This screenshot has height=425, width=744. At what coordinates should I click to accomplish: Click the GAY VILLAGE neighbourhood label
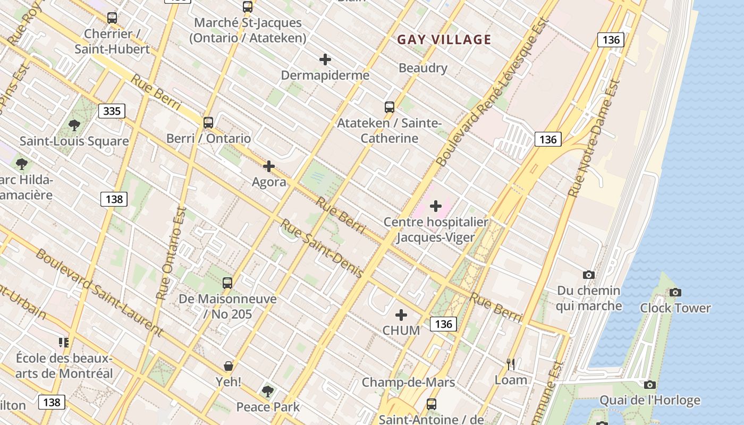pos(444,39)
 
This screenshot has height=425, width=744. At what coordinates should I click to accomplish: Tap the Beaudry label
pos(423,68)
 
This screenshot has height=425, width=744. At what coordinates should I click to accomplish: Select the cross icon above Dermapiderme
pos(325,59)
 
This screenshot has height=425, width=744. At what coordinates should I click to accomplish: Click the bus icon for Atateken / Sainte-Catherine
pos(390,107)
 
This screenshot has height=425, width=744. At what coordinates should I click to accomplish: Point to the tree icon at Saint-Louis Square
pos(74,125)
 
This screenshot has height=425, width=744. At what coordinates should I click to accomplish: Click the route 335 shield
pos(112,111)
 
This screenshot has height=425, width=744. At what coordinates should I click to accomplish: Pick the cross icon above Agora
pos(269,166)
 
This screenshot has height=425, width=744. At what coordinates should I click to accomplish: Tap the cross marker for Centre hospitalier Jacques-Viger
pos(436,206)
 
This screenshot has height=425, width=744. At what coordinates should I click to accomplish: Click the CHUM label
pos(401,330)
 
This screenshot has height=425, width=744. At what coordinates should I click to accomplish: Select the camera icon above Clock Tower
pos(675,292)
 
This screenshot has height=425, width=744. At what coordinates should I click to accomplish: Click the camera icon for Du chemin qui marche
pos(589,275)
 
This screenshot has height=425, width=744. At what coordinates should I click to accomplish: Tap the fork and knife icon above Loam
pos(511,364)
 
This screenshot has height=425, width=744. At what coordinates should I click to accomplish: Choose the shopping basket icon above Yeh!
pos(229,366)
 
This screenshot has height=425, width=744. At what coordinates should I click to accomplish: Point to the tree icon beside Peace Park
pos(268,392)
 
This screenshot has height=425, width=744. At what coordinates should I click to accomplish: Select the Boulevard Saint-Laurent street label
pos(99,292)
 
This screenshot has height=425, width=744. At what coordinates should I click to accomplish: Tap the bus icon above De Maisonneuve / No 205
pos(227,283)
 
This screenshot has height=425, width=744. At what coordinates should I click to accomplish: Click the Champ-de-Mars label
pos(408,382)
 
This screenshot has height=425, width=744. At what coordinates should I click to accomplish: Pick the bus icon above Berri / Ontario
pos(208,122)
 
